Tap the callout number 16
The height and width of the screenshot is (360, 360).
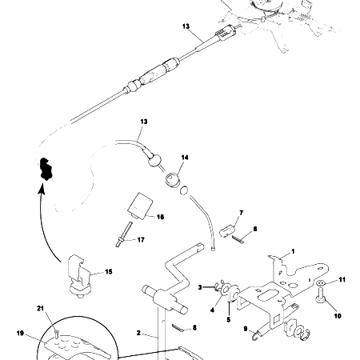[159, 216]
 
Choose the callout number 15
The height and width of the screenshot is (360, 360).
[109, 272]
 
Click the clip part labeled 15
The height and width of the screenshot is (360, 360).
[81, 271]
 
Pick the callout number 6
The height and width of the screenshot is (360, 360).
[255, 229]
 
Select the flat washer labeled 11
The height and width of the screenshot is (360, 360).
[320, 285]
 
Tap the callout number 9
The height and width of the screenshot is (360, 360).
[246, 327]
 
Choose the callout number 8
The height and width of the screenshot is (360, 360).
[194, 327]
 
